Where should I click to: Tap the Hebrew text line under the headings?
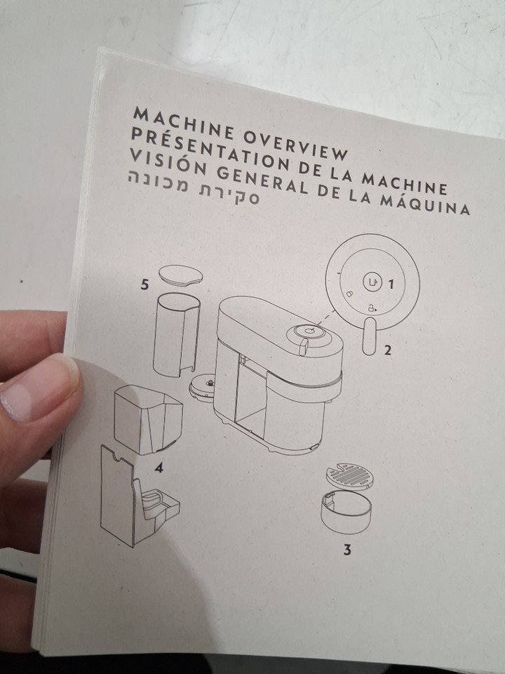[194, 189]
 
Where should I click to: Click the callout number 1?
[391, 284]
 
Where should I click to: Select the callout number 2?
[387, 350]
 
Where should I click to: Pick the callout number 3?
[347, 549]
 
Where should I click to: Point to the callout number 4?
[159, 468]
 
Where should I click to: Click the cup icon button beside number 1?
[372, 282]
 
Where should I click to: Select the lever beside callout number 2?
[369, 336]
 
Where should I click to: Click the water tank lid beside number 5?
[181, 275]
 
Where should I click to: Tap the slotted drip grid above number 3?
[350, 476]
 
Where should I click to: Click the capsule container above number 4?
[148, 420]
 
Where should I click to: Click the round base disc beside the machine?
[203, 386]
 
